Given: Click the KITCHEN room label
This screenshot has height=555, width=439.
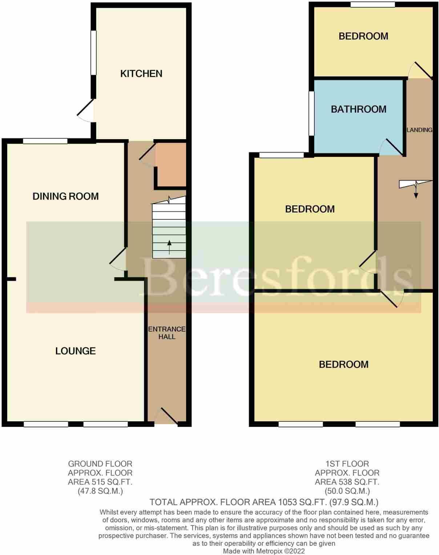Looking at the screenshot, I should pyautogui.click(x=141, y=74).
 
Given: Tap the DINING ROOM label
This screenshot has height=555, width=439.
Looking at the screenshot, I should pyautogui.click(x=66, y=197).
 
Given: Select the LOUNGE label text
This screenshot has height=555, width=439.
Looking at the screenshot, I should pyautogui.click(x=76, y=351).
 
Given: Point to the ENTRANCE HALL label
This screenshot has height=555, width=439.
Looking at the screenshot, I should pyautogui.click(x=167, y=333).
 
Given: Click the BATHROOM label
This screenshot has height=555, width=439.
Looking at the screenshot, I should pyautogui.click(x=358, y=109).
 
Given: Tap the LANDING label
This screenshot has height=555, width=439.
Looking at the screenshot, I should pyautogui.click(x=419, y=130).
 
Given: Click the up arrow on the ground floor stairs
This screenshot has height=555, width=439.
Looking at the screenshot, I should pyautogui.click(x=169, y=247).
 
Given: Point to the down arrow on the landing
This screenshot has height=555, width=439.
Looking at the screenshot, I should pyautogui.click(x=416, y=193).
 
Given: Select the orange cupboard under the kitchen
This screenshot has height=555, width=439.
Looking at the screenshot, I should pyautogui.click(x=171, y=165).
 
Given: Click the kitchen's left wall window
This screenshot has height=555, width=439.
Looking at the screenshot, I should pyautogui.click(x=93, y=53).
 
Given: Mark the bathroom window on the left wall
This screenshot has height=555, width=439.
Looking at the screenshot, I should pyautogui.click(x=311, y=113).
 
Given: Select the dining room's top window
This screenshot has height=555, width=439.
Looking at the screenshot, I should pyautogui.click(x=45, y=141).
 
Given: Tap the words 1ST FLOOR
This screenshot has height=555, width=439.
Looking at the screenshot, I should pyautogui.click(x=347, y=464).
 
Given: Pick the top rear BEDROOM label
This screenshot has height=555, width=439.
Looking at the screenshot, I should pyautogui.click(x=363, y=36).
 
